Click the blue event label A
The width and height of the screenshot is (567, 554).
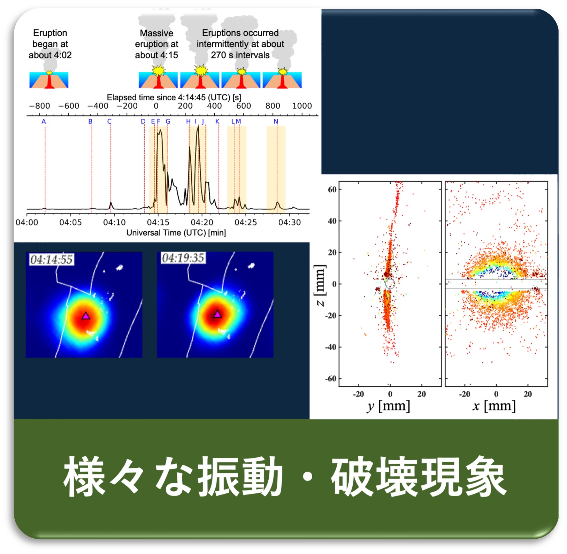point(44,122)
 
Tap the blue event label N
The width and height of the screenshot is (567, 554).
point(276,122)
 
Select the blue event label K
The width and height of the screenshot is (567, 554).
point(217,122)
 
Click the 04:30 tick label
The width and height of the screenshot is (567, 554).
point(289,222)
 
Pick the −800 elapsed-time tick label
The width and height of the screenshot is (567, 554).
point(39,106)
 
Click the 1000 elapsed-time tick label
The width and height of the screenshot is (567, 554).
point(302,106)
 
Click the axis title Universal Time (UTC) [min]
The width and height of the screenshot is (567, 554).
point(176,233)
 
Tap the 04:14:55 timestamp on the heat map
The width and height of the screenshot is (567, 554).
point(52,259)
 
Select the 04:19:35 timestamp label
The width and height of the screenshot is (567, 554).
point(183,258)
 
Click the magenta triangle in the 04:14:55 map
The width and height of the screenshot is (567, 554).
point(86,316)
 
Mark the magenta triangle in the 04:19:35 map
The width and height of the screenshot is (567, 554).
point(217,314)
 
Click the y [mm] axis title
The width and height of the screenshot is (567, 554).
point(388,406)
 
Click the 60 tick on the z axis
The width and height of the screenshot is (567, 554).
point(332,190)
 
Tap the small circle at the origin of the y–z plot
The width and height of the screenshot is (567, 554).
point(390,284)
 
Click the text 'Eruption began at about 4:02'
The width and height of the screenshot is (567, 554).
point(50,44)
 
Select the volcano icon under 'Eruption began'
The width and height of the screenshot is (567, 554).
point(49,80)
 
